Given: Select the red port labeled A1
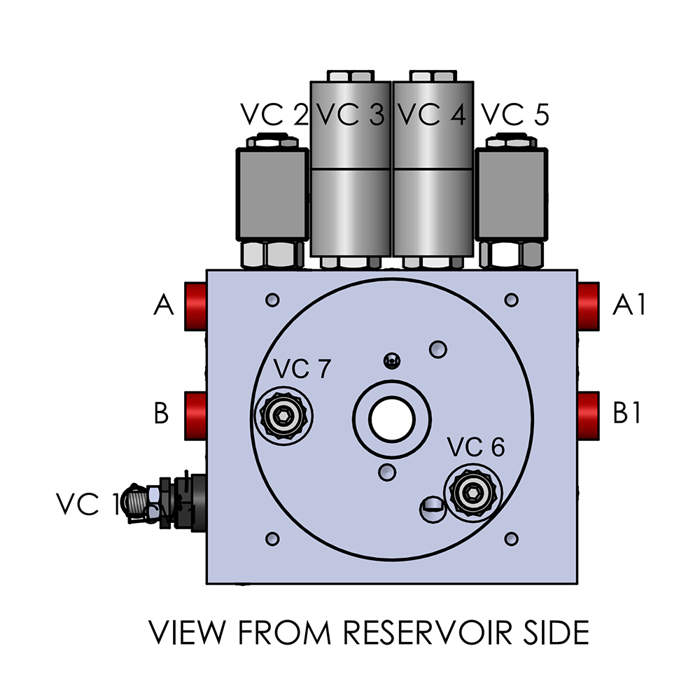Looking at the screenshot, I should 589,306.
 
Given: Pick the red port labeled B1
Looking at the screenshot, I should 589,413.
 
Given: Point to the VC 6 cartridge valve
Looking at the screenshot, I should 475,493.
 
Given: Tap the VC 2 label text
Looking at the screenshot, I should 274,115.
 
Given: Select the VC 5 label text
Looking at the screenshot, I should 516,115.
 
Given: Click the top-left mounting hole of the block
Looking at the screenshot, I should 273,300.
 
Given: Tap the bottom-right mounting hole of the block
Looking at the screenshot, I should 512,538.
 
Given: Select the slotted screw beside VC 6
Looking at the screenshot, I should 433,507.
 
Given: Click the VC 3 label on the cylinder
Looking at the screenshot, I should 350,115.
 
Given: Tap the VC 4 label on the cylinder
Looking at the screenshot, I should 431,115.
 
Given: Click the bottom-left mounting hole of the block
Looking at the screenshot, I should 273,538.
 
